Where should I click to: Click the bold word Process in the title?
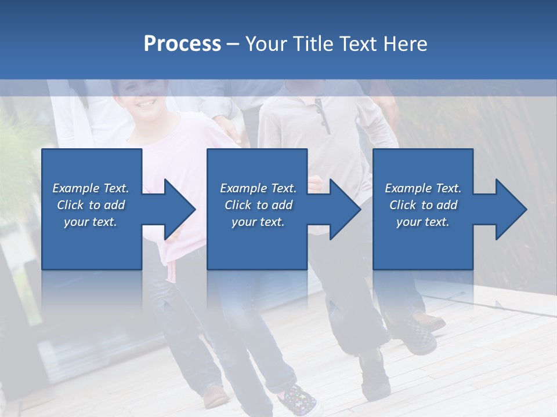click(x=182, y=44)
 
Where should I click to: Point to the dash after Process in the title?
click(x=233, y=45)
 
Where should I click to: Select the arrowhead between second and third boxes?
click(x=342, y=210)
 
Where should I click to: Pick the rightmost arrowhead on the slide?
click(x=507, y=210)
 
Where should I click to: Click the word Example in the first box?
click(x=75, y=188)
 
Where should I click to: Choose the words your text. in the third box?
click(x=422, y=222)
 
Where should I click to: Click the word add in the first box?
click(x=115, y=205)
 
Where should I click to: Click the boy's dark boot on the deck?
click(x=374, y=376)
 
